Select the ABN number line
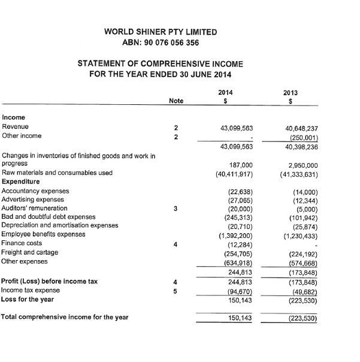[x=161, y=43]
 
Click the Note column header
[x=176, y=101]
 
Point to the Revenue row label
[x=16, y=126]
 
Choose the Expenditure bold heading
[x=21, y=182]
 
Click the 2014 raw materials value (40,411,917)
[x=234, y=174]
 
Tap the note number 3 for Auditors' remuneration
[x=175, y=209]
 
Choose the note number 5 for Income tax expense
[x=175, y=291]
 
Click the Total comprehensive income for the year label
[x=65, y=317]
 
